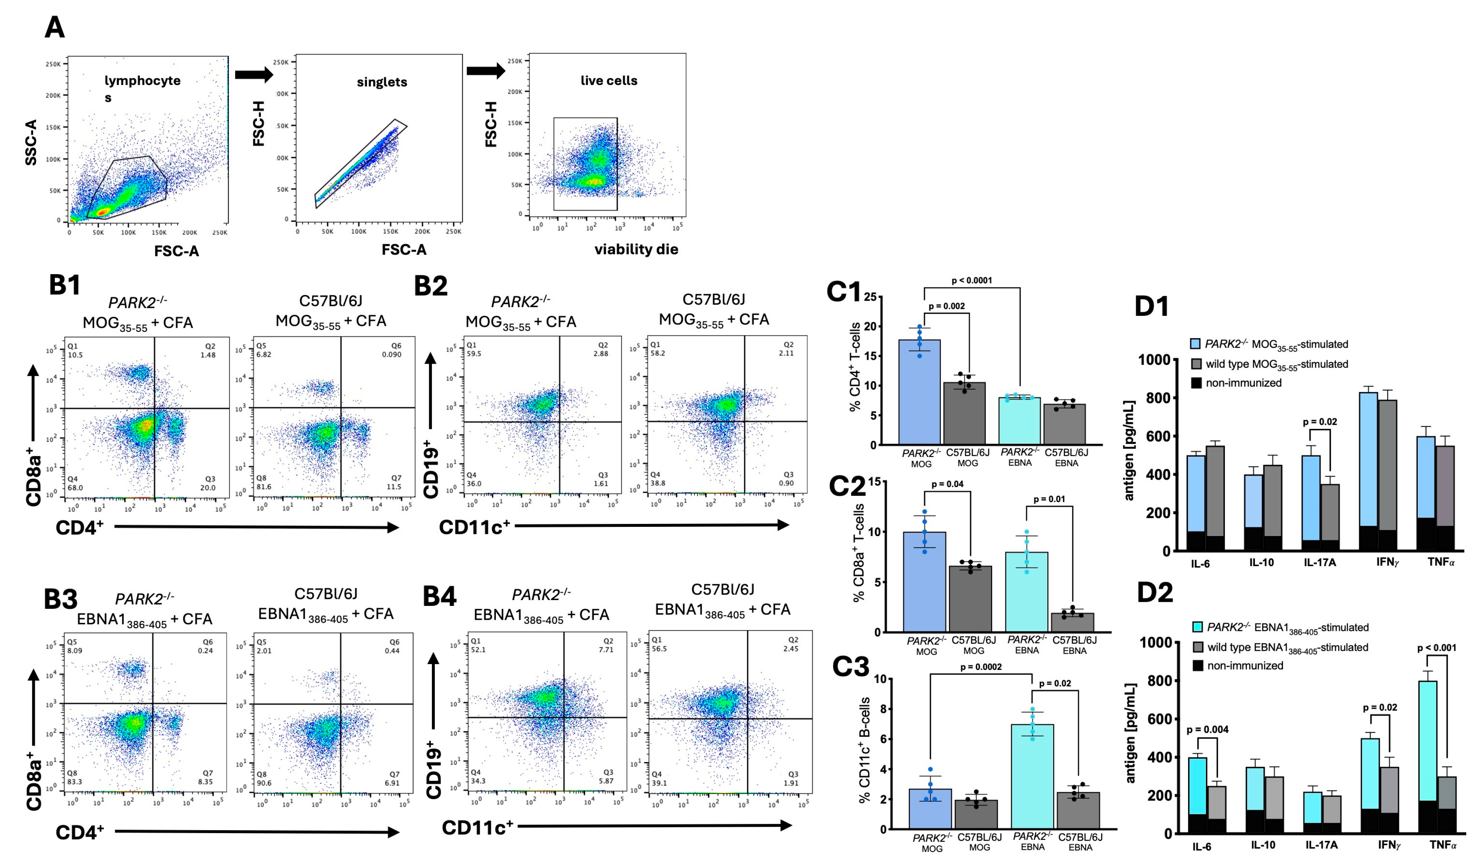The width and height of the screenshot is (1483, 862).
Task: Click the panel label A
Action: [x=55, y=28]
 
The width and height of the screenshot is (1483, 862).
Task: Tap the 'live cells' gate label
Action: [x=608, y=81]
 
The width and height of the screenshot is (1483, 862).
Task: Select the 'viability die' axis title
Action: [x=636, y=249]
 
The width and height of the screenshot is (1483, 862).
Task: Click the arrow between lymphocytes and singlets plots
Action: [x=254, y=75]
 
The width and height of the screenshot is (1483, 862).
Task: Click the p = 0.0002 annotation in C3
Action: [x=980, y=667]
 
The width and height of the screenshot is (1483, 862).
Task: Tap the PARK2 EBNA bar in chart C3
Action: [x=1032, y=777]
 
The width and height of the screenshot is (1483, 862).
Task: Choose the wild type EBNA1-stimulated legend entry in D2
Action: [x=1287, y=647]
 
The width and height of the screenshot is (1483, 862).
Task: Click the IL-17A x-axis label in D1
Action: [x=1319, y=562]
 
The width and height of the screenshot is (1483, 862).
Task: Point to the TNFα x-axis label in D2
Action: [x=1442, y=845]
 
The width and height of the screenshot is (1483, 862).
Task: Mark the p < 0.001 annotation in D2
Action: [x=1437, y=648]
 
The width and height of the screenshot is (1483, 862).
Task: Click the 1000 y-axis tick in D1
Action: [x=1154, y=359]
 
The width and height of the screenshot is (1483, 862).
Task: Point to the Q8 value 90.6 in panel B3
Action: [x=264, y=783]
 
